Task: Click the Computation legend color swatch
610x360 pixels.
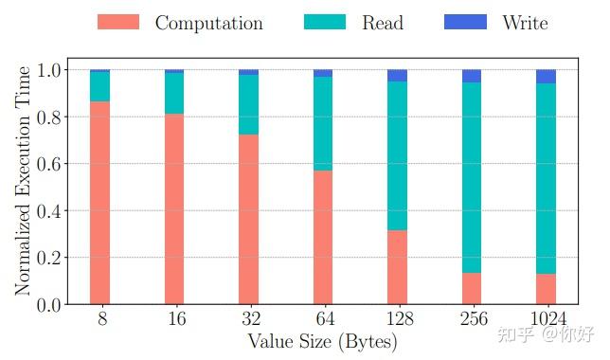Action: click(117, 22)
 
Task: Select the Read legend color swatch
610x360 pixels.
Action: click(325, 22)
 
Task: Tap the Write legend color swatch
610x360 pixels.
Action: click(465, 22)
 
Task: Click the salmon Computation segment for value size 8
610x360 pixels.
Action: click(99, 203)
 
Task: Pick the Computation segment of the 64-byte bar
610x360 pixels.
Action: click(323, 237)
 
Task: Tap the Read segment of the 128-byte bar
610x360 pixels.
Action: click(397, 155)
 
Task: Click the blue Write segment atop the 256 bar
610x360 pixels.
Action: click(472, 76)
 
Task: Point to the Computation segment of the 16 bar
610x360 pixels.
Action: click(174, 208)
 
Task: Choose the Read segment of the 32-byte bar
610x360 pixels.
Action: click(248, 104)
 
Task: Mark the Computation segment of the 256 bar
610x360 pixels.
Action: click(472, 288)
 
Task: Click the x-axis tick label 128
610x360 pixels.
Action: click(397, 320)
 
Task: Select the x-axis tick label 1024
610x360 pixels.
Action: click(546, 320)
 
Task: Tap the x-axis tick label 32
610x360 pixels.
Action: click(248, 320)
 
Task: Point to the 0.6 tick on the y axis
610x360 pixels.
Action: click(49, 164)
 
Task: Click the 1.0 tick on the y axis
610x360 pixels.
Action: click(49, 70)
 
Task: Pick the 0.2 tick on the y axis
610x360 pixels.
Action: click(49, 258)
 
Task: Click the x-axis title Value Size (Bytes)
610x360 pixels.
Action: click(322, 342)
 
